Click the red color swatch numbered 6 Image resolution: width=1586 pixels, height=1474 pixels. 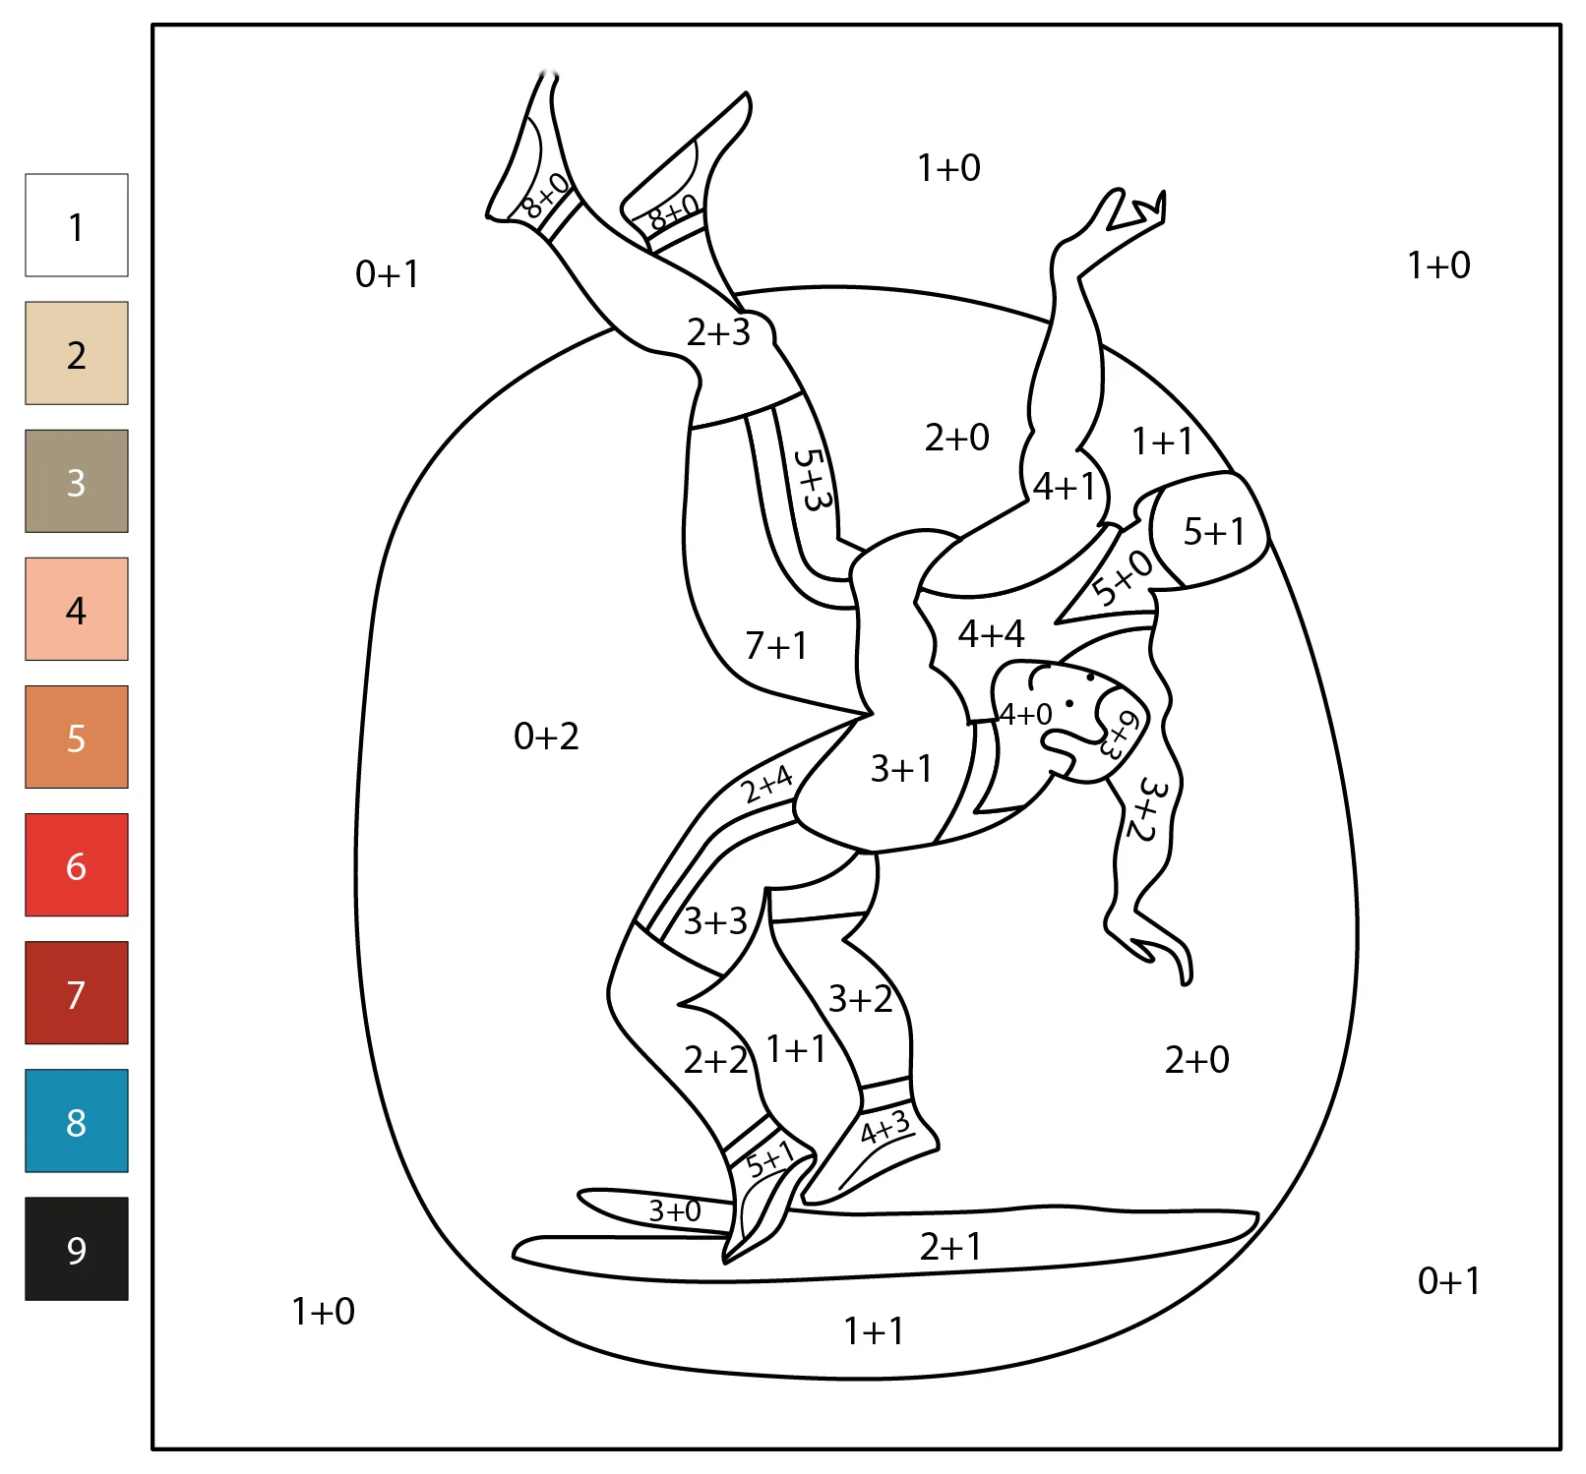tap(77, 865)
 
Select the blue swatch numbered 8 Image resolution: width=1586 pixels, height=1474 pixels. tap(77, 1121)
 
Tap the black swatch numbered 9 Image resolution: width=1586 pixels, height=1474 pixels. tap(77, 1249)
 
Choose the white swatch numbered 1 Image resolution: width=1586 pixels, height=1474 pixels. tap(77, 225)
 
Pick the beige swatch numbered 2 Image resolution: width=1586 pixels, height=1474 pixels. tap(77, 353)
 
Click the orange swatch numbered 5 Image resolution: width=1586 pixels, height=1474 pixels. tap(77, 737)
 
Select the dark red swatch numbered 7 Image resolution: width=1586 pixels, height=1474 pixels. tap(77, 993)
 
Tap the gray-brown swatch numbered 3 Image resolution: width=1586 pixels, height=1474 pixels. tap(77, 481)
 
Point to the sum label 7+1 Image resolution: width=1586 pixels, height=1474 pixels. tap(776, 646)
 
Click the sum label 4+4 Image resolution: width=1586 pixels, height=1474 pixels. tap(991, 634)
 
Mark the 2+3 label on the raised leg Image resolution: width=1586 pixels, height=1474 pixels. tap(718, 332)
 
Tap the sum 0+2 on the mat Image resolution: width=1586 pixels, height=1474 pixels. tap(546, 736)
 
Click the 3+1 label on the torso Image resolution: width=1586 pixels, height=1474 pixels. tap(901, 768)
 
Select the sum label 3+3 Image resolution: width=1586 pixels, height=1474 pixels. tap(715, 921)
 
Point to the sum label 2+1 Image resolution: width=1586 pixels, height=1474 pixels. tap(950, 1247)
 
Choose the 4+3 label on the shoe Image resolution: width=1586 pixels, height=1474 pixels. tap(885, 1127)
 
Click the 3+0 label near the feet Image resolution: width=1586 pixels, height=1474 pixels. tap(675, 1210)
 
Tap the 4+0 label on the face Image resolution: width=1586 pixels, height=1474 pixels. tap(1025, 714)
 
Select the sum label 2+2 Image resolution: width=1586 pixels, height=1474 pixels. tap(716, 1060)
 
